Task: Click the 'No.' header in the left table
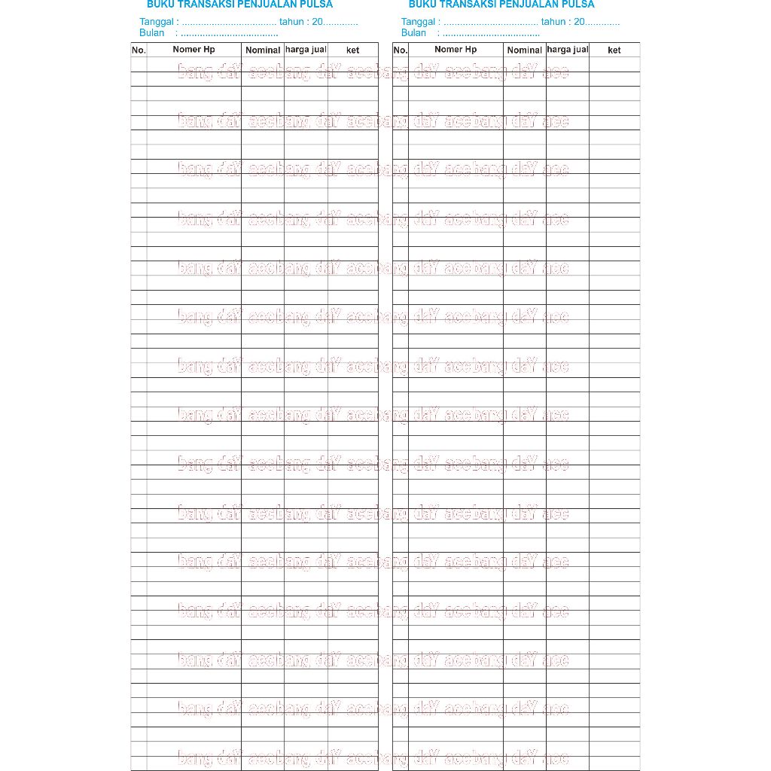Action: pyautogui.click(x=139, y=50)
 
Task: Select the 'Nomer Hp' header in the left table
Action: pyautogui.click(x=194, y=50)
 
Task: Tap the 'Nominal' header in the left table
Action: pyautogui.click(x=263, y=50)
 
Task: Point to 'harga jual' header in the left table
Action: pyautogui.click(x=306, y=50)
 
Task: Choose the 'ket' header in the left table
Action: pyautogui.click(x=352, y=50)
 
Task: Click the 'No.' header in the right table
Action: pyautogui.click(x=401, y=50)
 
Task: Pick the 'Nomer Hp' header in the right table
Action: pyautogui.click(x=456, y=50)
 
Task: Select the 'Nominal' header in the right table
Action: pyautogui.click(x=525, y=50)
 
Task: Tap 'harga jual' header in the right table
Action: pyautogui.click(x=568, y=50)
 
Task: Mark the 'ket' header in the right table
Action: pyautogui.click(x=614, y=50)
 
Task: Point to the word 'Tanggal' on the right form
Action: pyautogui.click(x=419, y=22)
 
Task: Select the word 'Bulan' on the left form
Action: pyautogui.click(x=151, y=33)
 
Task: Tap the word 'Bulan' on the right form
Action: pyautogui.click(x=413, y=33)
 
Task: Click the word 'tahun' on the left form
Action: pyautogui.click(x=291, y=22)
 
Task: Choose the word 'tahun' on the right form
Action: pyautogui.click(x=553, y=22)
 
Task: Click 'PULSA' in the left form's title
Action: pyautogui.click(x=316, y=5)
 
